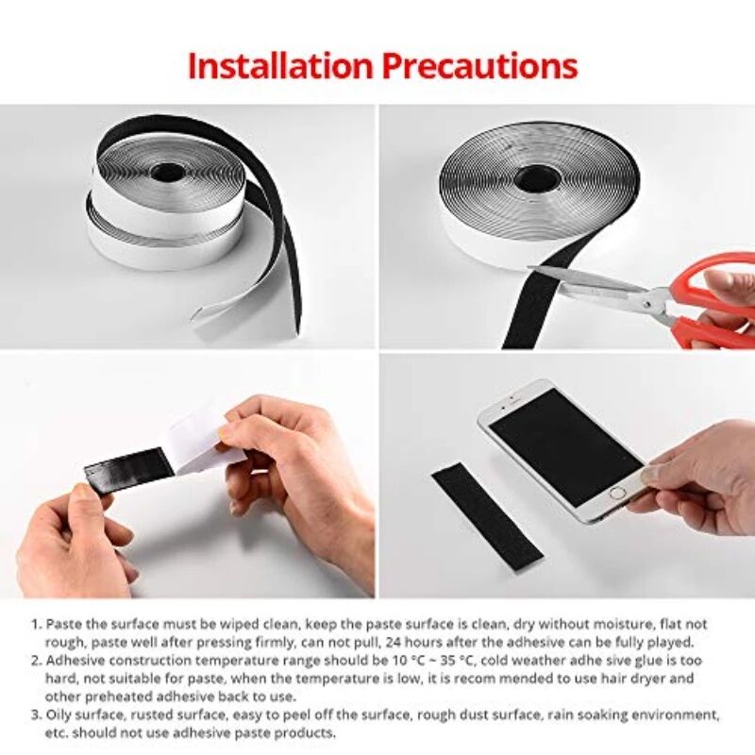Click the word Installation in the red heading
coord(279,66)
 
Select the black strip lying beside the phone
coord(487,514)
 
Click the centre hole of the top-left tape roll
coord(171,173)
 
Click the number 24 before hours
coord(433,642)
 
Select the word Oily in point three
coord(61,714)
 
